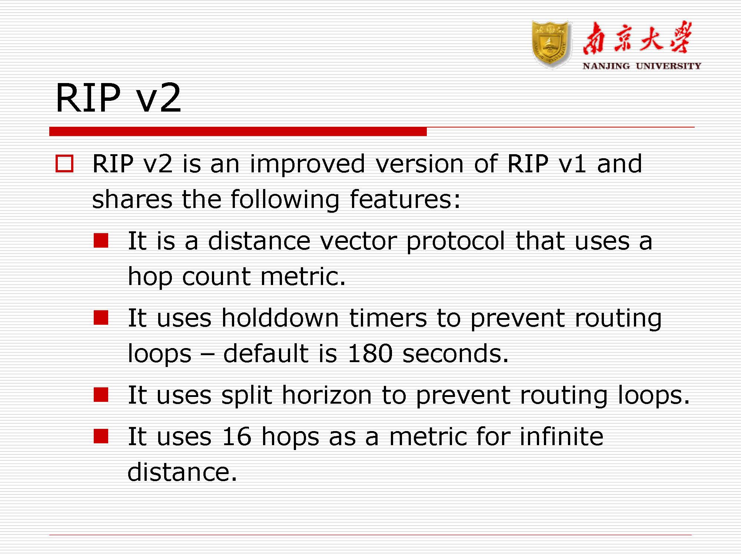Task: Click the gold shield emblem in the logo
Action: point(551,44)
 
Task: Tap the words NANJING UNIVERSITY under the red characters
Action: point(642,66)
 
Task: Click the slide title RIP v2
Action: point(118,97)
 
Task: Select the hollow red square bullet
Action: point(64,163)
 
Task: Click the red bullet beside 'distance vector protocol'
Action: point(101,240)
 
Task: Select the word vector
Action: point(358,241)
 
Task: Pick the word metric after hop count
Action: point(303,277)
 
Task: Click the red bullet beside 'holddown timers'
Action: point(101,317)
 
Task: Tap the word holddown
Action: point(280,318)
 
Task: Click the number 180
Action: point(370,353)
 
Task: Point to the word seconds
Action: point(455,353)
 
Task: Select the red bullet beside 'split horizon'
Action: point(101,395)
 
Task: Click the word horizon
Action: point(327,395)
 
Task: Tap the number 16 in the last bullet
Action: point(237,436)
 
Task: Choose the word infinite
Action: point(561,436)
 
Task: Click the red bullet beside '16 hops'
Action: point(101,436)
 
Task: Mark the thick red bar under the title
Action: point(238,131)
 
